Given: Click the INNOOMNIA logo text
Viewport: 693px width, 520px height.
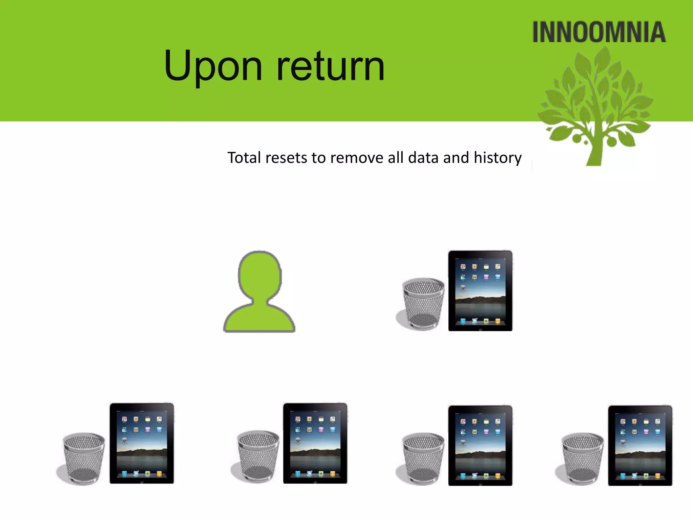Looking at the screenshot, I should [x=599, y=32].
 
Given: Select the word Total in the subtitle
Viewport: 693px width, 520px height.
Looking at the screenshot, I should [x=244, y=158].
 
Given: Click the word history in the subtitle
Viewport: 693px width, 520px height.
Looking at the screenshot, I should [x=497, y=158].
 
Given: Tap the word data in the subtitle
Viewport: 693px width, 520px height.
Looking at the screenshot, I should [x=423, y=158].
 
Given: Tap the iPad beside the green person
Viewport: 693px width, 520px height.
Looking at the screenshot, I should [x=480, y=290].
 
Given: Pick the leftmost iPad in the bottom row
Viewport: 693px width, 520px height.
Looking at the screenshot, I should [x=141, y=443].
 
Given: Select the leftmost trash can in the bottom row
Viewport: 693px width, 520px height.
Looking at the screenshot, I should [x=83, y=458].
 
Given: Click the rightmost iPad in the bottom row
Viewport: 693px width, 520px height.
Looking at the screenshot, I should [x=640, y=445].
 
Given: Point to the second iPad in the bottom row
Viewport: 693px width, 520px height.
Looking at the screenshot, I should [x=315, y=443].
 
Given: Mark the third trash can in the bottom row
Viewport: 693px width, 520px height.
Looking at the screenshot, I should [x=423, y=458].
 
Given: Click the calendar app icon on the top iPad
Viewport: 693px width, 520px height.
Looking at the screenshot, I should [x=463, y=267].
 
